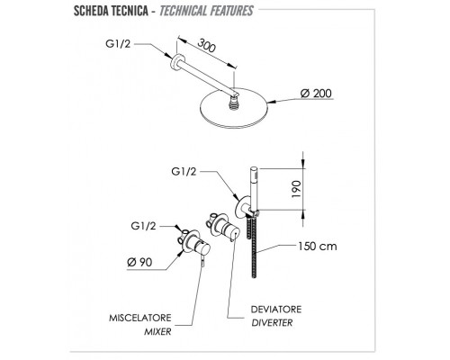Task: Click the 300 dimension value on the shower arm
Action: click(x=206, y=45)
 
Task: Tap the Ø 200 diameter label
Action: click(x=316, y=94)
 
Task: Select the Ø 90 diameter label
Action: click(x=139, y=262)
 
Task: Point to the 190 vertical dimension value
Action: click(x=296, y=189)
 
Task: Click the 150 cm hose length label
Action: click(x=318, y=247)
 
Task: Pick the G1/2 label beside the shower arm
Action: click(x=118, y=44)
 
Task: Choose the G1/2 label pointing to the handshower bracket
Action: click(x=184, y=171)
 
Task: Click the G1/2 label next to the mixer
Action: click(x=143, y=226)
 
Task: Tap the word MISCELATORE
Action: click(x=140, y=318)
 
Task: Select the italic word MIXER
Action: click(x=157, y=331)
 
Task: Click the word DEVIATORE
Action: click(x=276, y=310)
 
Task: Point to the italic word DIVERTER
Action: click(x=272, y=323)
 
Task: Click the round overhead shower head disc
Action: click(x=233, y=108)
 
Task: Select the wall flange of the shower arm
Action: click(x=175, y=62)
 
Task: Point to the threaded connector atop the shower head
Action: click(x=232, y=103)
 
